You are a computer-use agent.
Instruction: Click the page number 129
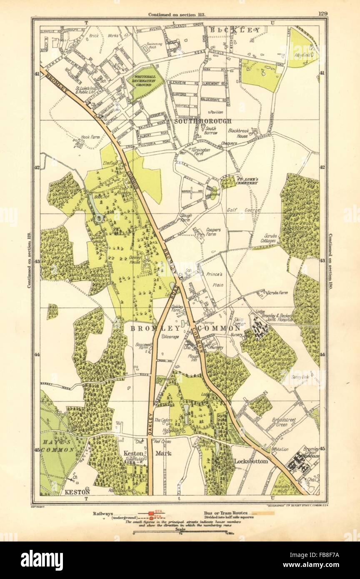coord(322,13)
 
